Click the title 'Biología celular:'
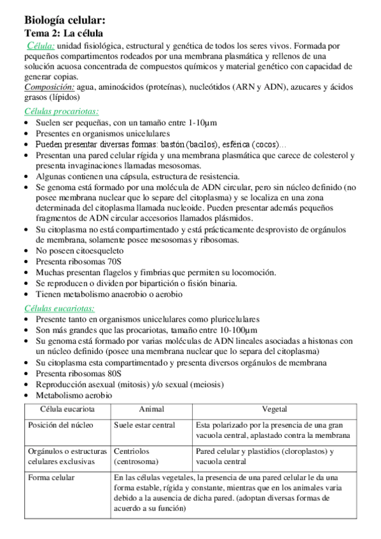[x=60, y=20]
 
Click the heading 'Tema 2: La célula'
[x=64, y=33]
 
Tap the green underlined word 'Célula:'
[x=41, y=46]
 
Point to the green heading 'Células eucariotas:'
[x=59, y=308]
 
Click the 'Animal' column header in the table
[x=151, y=409]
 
